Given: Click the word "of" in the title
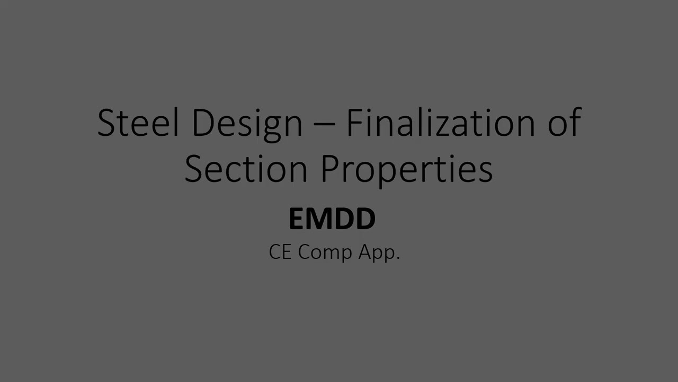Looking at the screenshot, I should [565, 123].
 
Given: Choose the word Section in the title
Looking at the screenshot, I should [246, 168].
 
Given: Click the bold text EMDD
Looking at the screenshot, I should [332, 219].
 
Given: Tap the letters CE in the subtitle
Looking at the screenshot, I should [280, 252].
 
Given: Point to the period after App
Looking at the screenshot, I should [398, 258].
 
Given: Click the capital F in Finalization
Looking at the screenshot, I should [354, 123].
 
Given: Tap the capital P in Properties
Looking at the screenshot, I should [331, 168].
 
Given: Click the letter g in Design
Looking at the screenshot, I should [272, 127].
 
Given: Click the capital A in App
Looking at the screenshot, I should [365, 252].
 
